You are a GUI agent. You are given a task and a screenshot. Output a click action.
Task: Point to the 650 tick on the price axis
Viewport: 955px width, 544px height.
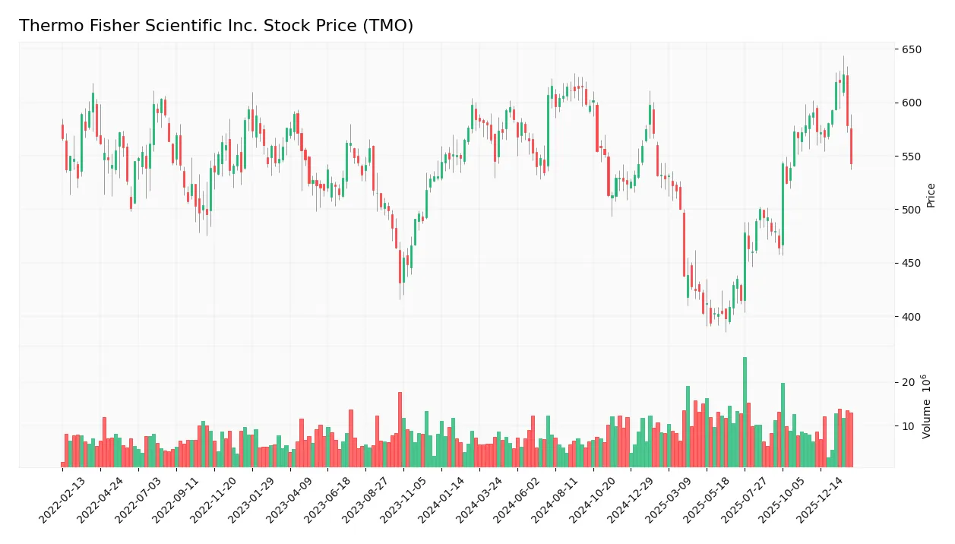coord(912,50)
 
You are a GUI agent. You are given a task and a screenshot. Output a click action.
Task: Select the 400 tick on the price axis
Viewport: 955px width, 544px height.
coord(912,317)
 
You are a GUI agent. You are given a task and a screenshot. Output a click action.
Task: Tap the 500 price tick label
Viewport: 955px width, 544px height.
coord(912,210)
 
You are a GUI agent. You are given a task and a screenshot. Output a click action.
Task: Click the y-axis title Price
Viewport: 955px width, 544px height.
coord(931,195)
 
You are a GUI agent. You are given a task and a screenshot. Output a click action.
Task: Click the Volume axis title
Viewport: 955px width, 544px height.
coord(927,406)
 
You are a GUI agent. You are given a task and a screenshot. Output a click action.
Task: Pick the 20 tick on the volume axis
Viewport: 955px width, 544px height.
coord(908,382)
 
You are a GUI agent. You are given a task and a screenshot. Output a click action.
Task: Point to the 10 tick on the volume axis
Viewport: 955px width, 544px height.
coord(908,426)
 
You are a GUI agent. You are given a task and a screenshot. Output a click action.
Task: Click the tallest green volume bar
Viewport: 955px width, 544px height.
coord(745,412)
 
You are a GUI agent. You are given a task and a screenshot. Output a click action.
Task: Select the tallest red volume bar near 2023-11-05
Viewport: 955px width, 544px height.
coord(400,429)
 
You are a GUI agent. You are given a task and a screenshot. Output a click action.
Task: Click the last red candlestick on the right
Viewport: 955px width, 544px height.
coord(851,146)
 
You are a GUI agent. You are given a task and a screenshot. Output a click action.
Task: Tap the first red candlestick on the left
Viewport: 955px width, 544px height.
coord(62,131)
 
